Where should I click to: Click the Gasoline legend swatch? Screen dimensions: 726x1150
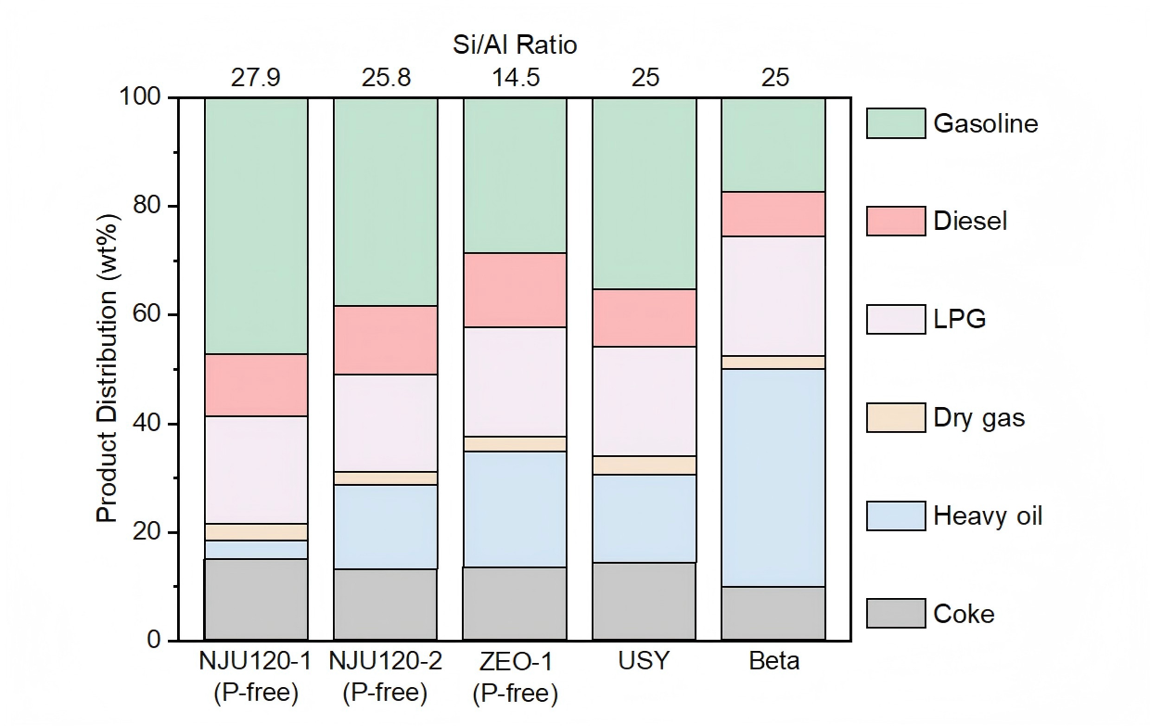pos(895,123)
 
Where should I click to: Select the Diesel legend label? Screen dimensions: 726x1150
pos(970,222)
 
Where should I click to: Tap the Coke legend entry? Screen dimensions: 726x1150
pos(964,614)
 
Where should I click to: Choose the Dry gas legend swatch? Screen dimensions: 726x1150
pos(895,417)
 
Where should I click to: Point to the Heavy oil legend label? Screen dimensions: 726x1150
pos(988,516)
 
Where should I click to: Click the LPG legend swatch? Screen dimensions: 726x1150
pos(895,319)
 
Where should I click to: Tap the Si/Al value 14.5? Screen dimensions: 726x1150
pos(515,76)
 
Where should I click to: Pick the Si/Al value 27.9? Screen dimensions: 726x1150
pos(255,76)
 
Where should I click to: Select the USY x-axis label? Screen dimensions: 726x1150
pos(645,663)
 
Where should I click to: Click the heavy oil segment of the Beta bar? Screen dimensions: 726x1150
pos(773,478)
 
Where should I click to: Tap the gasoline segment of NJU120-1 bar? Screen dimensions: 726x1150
pos(255,225)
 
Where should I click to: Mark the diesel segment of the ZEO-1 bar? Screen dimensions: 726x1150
pos(515,290)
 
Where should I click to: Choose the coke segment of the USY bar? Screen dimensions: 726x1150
pos(645,601)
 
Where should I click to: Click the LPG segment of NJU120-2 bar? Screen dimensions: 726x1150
pos(385,423)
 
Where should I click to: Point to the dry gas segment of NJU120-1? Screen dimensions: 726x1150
pos(255,532)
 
